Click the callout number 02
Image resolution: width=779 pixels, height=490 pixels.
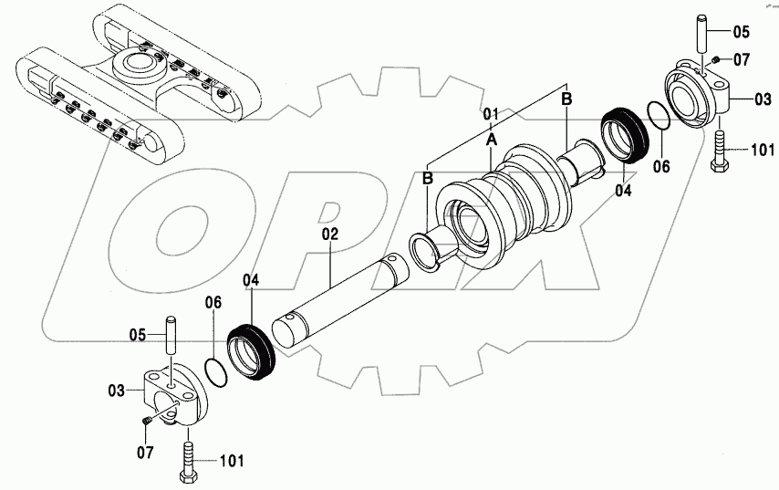click(329, 235)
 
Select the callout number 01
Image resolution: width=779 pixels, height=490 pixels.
click(490, 114)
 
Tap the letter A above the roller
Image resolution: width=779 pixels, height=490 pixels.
click(491, 140)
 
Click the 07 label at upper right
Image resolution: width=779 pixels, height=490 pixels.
click(741, 61)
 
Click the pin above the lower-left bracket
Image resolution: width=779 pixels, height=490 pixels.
click(170, 335)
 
